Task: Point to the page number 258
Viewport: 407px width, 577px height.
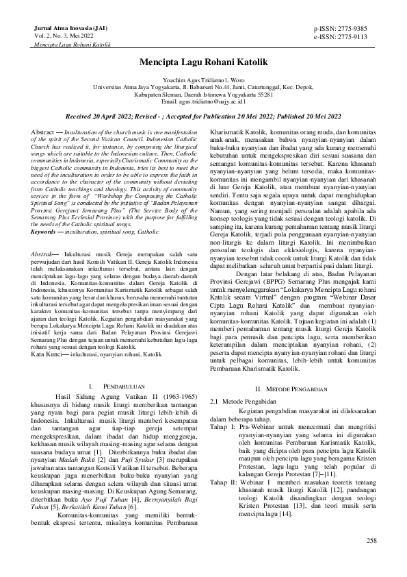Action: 371,541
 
